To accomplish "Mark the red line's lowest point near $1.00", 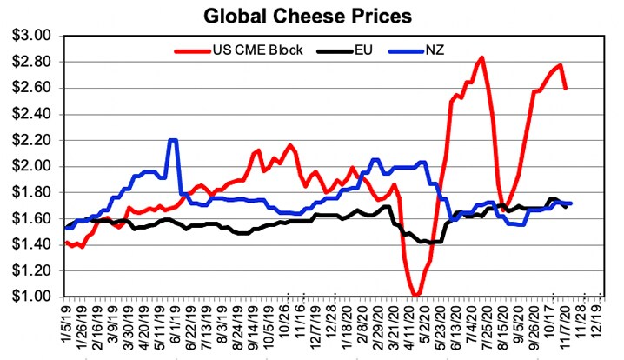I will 417,296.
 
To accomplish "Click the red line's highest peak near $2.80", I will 481,57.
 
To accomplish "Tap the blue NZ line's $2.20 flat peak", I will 173,140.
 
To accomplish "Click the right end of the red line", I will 567,88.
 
